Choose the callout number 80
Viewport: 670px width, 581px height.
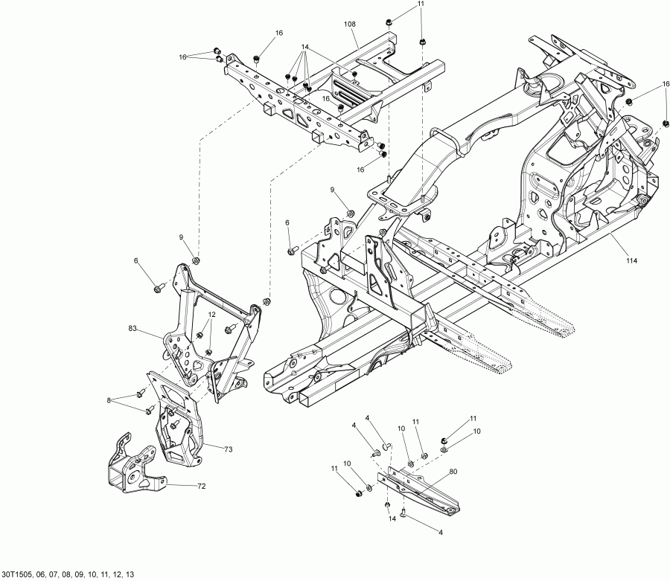(453, 471)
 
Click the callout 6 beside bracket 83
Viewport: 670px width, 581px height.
(136, 260)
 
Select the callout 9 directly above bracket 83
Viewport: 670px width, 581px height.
(179, 237)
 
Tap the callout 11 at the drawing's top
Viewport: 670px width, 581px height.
(421, 4)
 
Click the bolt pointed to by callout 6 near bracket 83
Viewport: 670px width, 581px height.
(159, 287)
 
